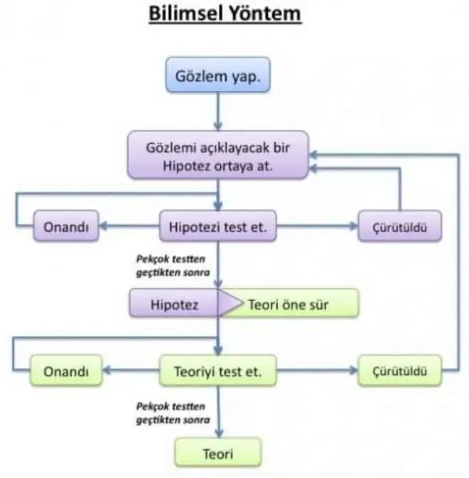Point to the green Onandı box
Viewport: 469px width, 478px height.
coord(65,371)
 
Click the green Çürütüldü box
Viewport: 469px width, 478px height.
coord(400,371)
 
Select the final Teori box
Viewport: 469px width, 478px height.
coord(218,452)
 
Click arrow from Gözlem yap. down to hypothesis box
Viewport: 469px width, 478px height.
coord(218,112)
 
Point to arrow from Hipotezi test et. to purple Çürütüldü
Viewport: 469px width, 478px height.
coord(317,227)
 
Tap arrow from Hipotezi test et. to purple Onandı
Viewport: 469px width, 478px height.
coord(128,227)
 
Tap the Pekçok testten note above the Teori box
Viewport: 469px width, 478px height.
coord(171,413)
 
